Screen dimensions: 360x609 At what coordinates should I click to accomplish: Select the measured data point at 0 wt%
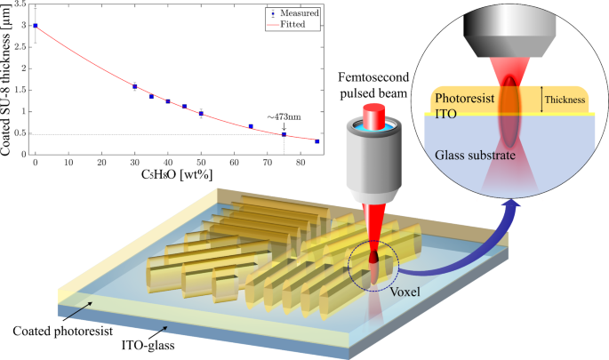coord(35,26)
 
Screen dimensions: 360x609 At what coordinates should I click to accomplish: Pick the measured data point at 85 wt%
coord(317,141)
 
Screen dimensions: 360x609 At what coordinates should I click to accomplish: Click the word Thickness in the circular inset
coord(564,100)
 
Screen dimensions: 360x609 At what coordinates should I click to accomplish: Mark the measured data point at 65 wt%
coord(251,126)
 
